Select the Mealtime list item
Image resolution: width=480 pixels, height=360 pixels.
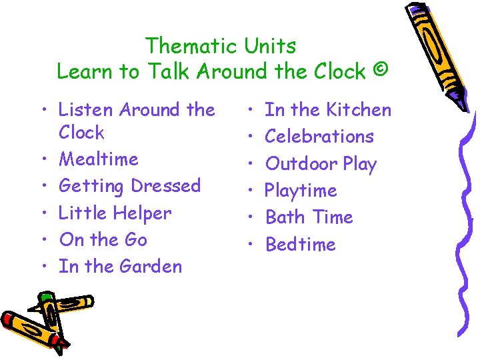coord(99,159)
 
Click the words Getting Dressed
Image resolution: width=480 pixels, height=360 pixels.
coord(130,186)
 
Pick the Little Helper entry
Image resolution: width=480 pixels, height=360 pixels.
coord(115,213)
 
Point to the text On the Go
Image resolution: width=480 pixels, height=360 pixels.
coord(103,239)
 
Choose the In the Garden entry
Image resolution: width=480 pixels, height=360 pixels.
coord(120,266)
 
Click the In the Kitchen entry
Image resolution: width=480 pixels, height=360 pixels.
coord(328,109)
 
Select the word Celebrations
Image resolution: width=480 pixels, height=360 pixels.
coord(319,137)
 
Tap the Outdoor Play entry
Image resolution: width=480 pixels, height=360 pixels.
coord(321,164)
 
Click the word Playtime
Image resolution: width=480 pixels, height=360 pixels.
coord(301,191)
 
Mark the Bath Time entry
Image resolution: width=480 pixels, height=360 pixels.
coord(309,217)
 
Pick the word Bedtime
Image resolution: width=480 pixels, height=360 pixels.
coord(301,245)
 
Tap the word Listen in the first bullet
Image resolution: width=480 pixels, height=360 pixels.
coord(83,109)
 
